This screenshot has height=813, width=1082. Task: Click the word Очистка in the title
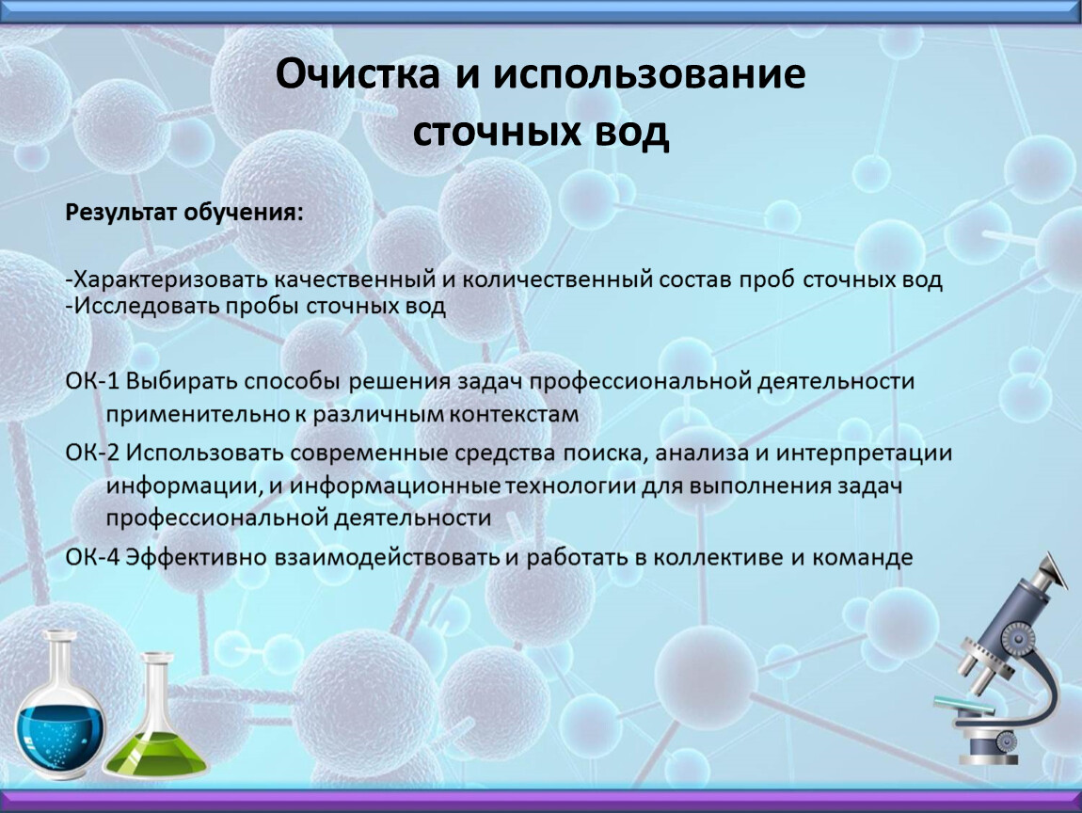(x=358, y=73)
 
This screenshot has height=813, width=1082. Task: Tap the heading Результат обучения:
(x=184, y=213)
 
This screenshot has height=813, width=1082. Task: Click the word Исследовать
(x=146, y=306)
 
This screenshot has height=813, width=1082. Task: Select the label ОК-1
(x=92, y=381)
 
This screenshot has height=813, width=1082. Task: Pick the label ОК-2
(x=92, y=453)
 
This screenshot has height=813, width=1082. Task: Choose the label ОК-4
(x=92, y=558)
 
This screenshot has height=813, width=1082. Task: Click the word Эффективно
(x=197, y=558)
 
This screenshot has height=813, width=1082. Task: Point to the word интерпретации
(x=864, y=454)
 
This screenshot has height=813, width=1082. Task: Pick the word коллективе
(x=718, y=558)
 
